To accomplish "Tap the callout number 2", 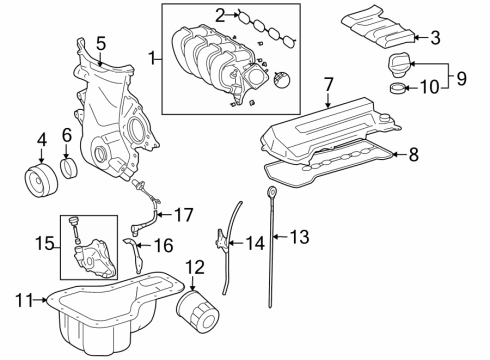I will click(219, 14).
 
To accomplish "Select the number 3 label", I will click(434, 38).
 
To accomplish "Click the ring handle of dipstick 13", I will click(272, 188).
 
